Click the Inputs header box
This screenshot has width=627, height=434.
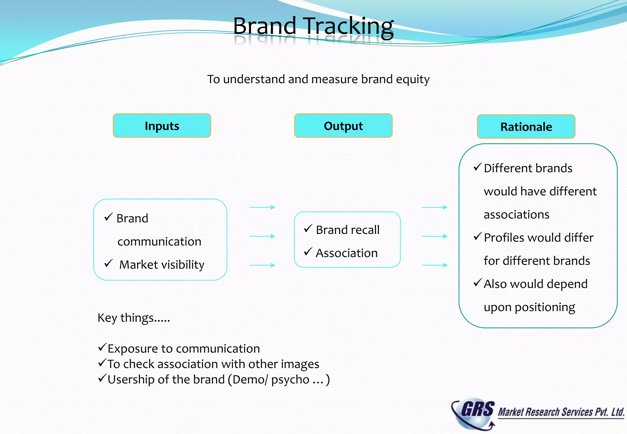tap(162, 126)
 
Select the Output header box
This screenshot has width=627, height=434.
tap(343, 126)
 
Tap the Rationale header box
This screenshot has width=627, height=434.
tap(526, 127)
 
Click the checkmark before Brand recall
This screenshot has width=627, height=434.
tap(308, 229)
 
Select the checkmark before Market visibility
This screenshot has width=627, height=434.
tap(109, 263)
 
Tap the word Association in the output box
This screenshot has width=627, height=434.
tap(347, 253)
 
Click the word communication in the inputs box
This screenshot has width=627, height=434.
tap(159, 241)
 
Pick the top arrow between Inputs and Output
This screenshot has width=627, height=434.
tap(262, 207)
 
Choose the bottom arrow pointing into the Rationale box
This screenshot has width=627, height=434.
tap(435, 265)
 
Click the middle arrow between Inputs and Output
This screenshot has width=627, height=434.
tap(262, 236)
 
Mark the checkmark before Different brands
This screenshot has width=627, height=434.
tap(478, 167)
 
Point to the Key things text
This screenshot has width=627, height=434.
tap(134, 318)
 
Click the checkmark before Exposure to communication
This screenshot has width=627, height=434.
tap(102, 347)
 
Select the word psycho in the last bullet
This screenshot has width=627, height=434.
tap(290, 380)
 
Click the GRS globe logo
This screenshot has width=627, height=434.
tap(473, 413)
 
